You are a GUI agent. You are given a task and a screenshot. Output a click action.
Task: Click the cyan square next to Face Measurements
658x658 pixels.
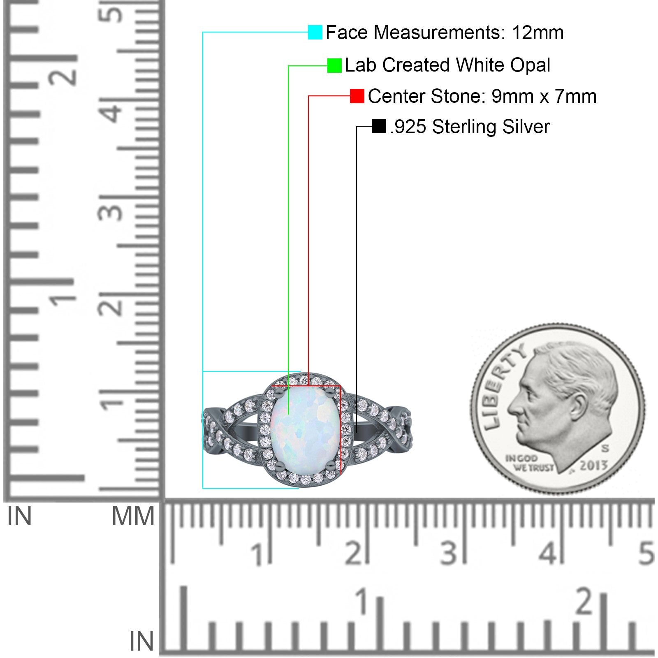315,32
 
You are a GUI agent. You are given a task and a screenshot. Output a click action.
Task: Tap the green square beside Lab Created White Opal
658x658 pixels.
334,65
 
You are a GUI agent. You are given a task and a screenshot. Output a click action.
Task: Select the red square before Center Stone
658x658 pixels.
357,96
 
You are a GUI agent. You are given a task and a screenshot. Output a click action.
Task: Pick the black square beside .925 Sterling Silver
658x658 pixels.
379,126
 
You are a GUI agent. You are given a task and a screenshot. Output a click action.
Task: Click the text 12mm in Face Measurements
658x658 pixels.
538,32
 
